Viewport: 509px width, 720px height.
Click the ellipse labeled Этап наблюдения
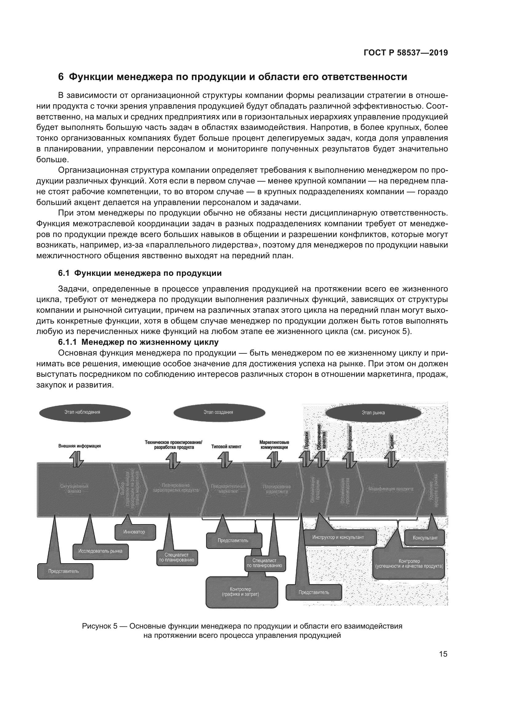(x=85, y=413)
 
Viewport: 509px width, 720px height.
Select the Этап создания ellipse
(x=219, y=413)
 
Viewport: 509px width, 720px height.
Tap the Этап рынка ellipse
(x=373, y=413)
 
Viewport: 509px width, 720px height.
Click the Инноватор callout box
(x=135, y=532)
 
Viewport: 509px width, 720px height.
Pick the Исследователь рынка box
(x=101, y=551)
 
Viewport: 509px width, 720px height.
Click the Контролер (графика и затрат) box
(x=242, y=592)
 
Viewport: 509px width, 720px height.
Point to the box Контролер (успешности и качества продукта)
(x=409, y=564)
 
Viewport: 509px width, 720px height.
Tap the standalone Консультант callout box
(x=425, y=538)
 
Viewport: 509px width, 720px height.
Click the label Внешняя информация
(x=80, y=446)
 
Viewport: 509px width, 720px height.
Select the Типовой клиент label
(x=226, y=447)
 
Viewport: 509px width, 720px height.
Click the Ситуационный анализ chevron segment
(x=74, y=489)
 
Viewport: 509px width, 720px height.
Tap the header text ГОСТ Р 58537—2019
(x=406, y=53)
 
